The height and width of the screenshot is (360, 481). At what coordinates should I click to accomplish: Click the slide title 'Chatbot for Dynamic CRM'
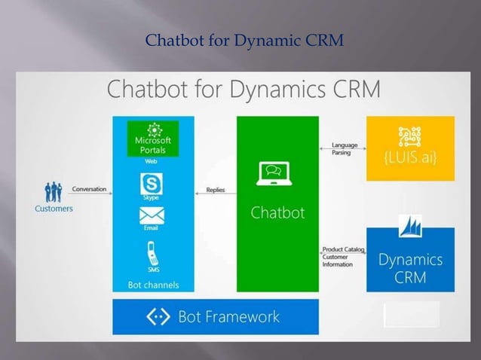click(244, 39)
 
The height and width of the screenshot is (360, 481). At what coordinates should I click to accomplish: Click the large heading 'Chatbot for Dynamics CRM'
click(244, 90)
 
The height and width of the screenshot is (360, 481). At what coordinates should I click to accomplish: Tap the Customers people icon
click(54, 191)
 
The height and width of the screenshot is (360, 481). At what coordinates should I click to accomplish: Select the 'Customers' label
click(54, 209)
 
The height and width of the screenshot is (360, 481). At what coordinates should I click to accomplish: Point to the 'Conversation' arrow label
click(89, 189)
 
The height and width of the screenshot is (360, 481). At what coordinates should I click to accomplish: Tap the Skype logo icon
click(152, 184)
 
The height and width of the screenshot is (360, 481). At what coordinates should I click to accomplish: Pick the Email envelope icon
click(152, 215)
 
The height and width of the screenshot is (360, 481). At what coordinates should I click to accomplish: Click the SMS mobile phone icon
click(152, 252)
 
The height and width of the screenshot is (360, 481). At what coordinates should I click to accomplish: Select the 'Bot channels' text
click(153, 284)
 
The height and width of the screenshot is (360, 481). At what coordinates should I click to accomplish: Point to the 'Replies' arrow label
click(216, 190)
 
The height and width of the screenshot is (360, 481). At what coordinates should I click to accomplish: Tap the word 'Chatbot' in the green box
click(277, 212)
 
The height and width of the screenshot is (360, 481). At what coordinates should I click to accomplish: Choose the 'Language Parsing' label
click(345, 149)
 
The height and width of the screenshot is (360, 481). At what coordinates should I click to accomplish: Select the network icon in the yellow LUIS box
click(410, 136)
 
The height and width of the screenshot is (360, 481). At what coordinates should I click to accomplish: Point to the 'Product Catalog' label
click(339, 249)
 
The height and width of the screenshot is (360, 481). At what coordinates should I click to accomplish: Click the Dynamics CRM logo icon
click(410, 230)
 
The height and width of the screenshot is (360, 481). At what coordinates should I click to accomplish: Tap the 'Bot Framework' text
click(228, 316)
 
